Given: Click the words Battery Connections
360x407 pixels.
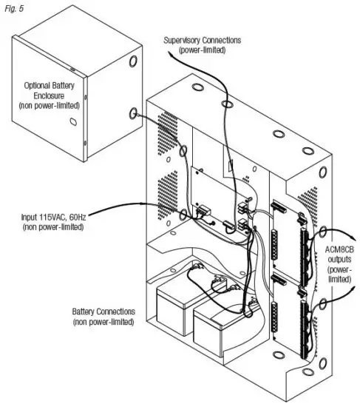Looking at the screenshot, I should [103, 313].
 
